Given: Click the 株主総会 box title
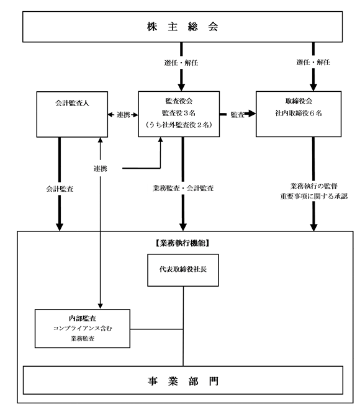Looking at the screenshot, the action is click(x=182, y=27).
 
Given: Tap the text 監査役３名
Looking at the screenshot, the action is click(x=179, y=113).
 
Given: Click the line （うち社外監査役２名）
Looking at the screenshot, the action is click(x=179, y=125).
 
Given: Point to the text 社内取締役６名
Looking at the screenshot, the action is click(x=299, y=113).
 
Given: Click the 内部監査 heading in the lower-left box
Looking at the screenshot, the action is click(x=83, y=318).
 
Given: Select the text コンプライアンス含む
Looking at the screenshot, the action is click(x=83, y=328).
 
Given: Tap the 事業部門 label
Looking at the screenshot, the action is click(x=183, y=382).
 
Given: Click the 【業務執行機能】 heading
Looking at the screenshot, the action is click(x=183, y=243).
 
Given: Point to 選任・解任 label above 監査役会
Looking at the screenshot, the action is click(x=181, y=63).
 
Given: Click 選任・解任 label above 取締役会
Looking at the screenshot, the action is click(x=313, y=62).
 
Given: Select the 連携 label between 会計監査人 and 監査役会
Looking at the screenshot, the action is click(x=123, y=115).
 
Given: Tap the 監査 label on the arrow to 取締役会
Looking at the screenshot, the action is click(x=237, y=115).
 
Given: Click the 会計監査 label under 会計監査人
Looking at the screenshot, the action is click(x=60, y=189).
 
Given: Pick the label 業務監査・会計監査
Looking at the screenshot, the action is click(x=183, y=188).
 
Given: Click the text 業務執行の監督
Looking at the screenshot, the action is click(x=314, y=186).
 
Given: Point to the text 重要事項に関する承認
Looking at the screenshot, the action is click(x=314, y=196).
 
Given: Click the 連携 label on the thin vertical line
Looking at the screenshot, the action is click(x=101, y=169).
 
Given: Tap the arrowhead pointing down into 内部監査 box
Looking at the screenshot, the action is click(x=101, y=306).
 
